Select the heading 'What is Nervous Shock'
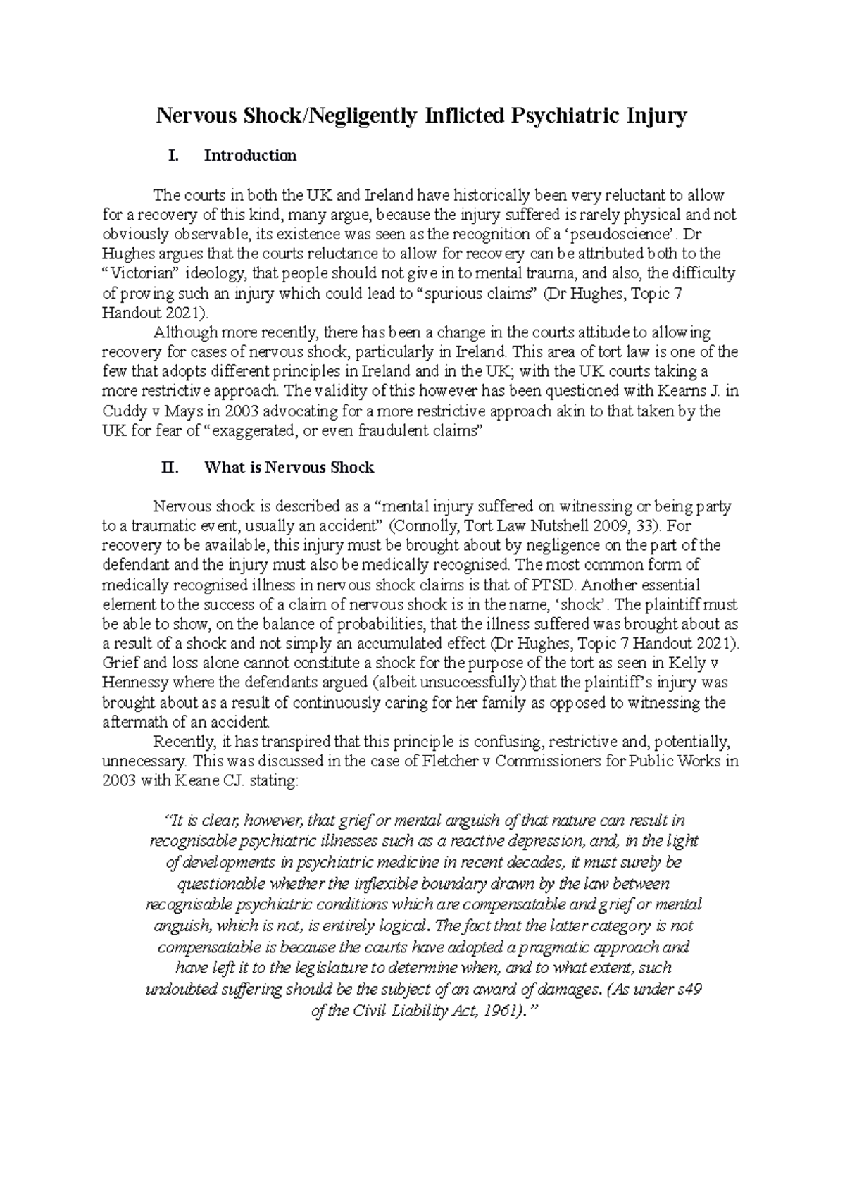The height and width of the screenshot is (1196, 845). [289, 468]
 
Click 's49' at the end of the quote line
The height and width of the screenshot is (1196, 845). [688, 990]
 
